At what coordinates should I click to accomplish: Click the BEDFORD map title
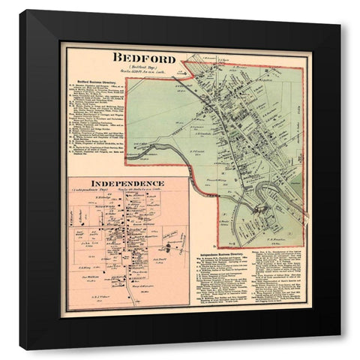click(x=144, y=58)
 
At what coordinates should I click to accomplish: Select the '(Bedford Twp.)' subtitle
click(x=143, y=67)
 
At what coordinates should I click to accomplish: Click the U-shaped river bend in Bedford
click(x=264, y=196)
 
